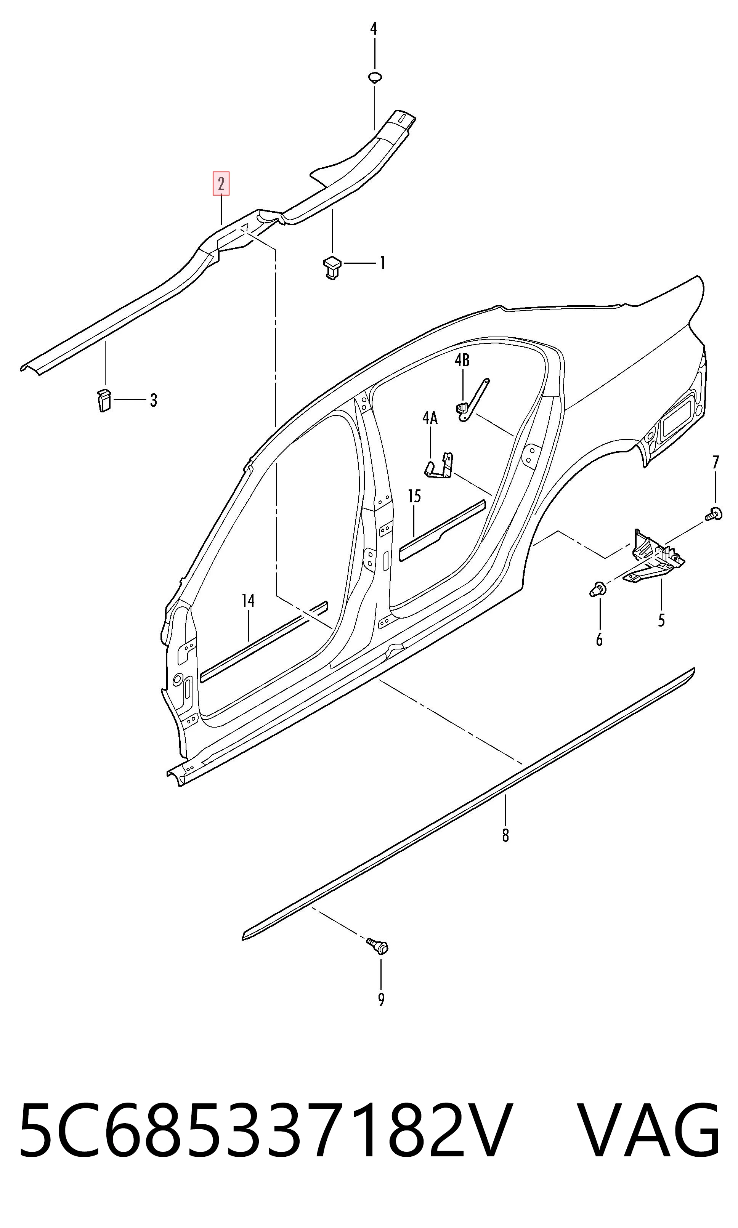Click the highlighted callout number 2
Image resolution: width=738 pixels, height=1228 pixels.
pos(221,184)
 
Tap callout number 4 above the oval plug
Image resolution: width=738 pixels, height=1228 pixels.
pos(374,28)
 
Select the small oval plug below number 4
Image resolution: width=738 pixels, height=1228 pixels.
pos(375,77)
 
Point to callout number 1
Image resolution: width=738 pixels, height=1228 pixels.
pos(382,263)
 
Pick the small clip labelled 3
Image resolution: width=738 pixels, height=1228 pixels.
pos(103,400)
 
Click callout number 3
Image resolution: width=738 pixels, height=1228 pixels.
pos(154,400)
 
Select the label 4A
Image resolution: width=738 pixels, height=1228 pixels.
pos(430,418)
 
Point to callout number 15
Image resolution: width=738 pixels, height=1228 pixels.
pos(414,496)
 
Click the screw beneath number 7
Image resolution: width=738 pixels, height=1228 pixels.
pos(714,514)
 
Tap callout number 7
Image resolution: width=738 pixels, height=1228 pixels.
pos(716,462)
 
